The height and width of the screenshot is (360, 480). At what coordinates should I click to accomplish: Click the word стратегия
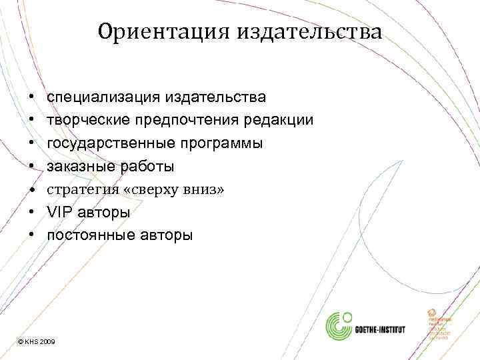click(x=77, y=190)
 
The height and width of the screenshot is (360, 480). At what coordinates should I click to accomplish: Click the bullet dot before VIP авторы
click(x=33, y=213)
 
